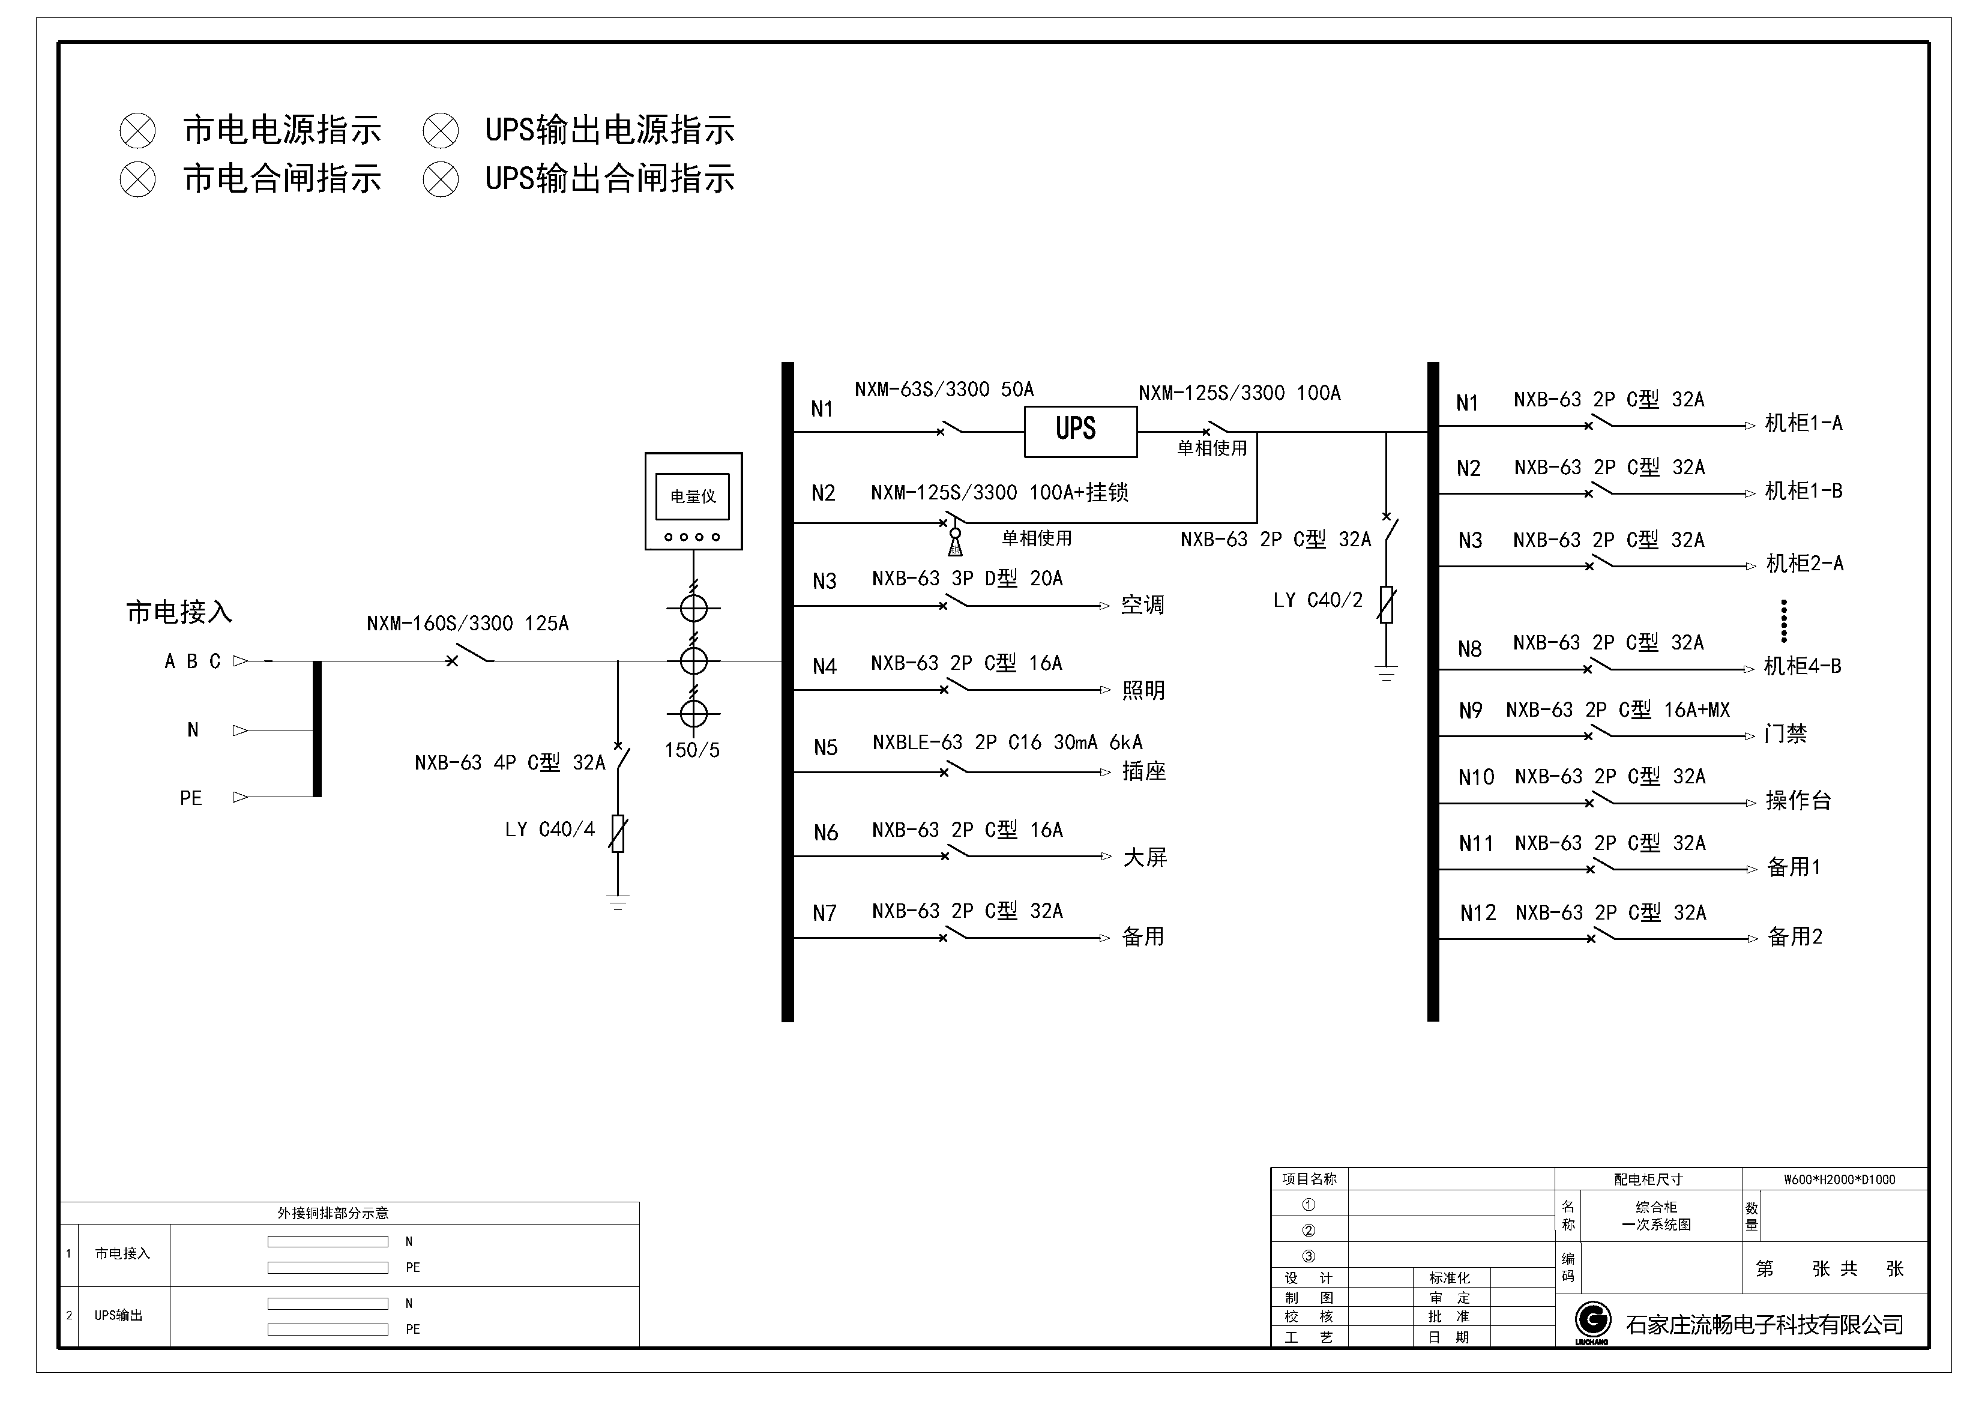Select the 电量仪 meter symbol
click(693, 501)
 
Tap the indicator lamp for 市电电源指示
click(137, 131)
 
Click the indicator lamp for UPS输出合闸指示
click(441, 180)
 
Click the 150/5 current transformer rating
click(691, 750)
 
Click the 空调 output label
click(1142, 605)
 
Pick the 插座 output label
click(1144, 771)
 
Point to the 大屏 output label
click(1145, 858)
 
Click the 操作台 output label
click(1798, 801)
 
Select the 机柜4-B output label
click(1803, 666)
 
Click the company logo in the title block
click(1592, 1322)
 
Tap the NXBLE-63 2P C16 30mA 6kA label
click(1007, 743)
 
